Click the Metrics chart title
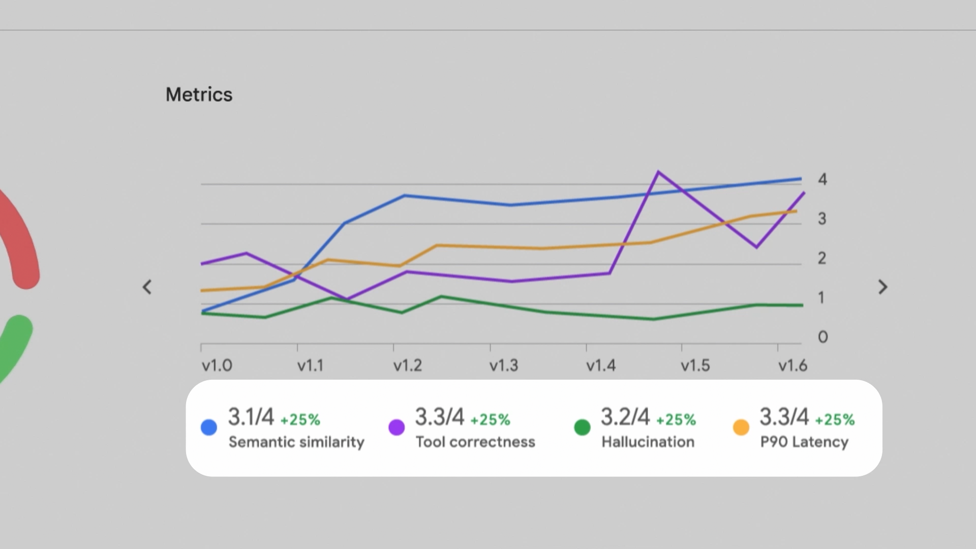tap(199, 95)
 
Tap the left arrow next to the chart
tap(147, 287)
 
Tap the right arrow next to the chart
tap(883, 287)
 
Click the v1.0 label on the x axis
tap(217, 365)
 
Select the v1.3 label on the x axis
tap(504, 365)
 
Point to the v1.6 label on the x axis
tap(792, 365)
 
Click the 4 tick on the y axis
tap(822, 179)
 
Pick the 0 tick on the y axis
tap(822, 337)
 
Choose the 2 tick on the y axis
tap(822, 258)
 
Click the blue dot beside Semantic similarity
tap(209, 428)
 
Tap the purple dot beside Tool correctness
tap(396, 428)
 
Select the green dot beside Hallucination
tap(582, 428)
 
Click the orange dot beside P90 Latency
tap(741, 428)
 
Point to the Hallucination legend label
tap(648, 442)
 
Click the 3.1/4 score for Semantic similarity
tap(251, 417)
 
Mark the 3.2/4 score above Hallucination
tap(625, 417)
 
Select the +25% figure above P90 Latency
tap(835, 420)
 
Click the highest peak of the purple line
tap(658, 172)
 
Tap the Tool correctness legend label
tap(475, 442)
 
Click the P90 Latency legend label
tap(804, 442)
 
